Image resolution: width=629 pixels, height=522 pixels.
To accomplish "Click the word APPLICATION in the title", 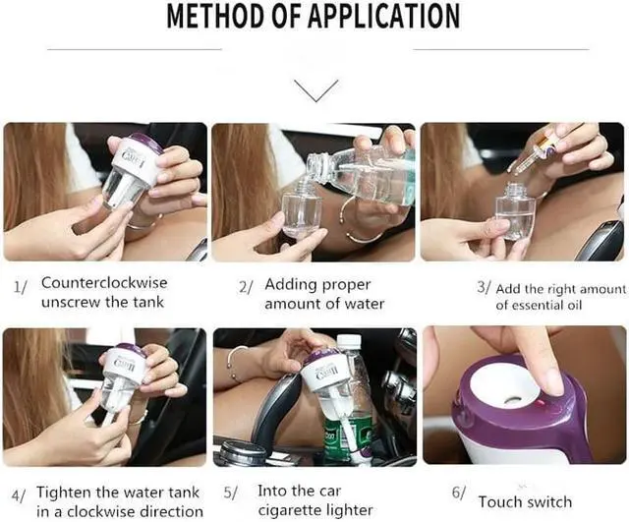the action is [379, 16].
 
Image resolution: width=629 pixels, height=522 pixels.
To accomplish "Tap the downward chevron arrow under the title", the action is [316, 90].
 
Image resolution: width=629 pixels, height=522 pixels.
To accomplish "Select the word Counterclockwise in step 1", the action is [104, 282].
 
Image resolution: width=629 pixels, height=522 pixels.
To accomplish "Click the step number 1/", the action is [21, 287].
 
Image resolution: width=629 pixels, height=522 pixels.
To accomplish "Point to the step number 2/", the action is [247, 287].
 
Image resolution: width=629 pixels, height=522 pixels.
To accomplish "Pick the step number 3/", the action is [484, 287].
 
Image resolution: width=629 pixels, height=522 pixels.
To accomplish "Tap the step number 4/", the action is [19, 495].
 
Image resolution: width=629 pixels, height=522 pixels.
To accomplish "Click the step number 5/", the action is [230, 493].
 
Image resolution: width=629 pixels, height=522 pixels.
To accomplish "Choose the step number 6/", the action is [459, 493].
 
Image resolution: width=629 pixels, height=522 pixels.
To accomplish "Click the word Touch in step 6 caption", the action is [500, 502].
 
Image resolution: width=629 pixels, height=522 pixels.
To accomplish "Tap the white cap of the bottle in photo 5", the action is [349, 341].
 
